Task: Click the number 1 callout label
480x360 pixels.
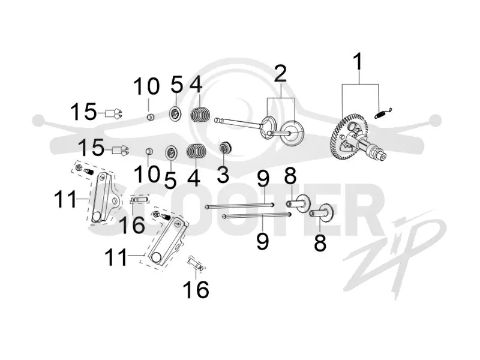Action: coord(358,62)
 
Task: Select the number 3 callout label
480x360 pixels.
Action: coord(223,174)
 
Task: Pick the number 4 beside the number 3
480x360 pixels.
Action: coord(193,177)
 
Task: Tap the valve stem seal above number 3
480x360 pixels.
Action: coord(226,148)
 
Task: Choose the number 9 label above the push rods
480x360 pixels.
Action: coord(263,179)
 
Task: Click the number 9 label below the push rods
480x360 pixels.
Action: coord(262,241)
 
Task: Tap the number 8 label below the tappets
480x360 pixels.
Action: coord(320,242)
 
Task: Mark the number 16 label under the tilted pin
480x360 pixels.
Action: coord(196,289)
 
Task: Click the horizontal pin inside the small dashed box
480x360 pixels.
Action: coord(140,200)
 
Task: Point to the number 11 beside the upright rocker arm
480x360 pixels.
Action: coord(65,199)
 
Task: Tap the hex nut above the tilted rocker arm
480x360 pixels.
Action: coord(156,214)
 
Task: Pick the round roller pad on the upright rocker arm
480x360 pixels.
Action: coord(97,217)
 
